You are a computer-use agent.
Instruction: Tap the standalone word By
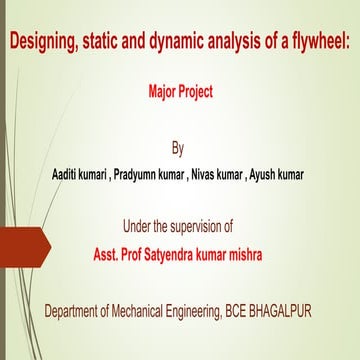pyautogui.click(x=179, y=150)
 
